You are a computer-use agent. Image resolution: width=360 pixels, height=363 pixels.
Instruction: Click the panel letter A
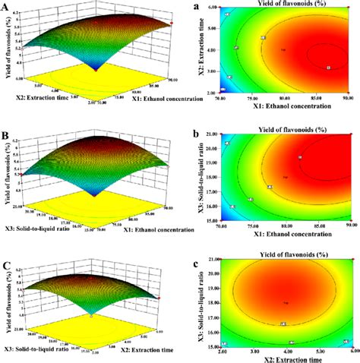coord(8,8)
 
